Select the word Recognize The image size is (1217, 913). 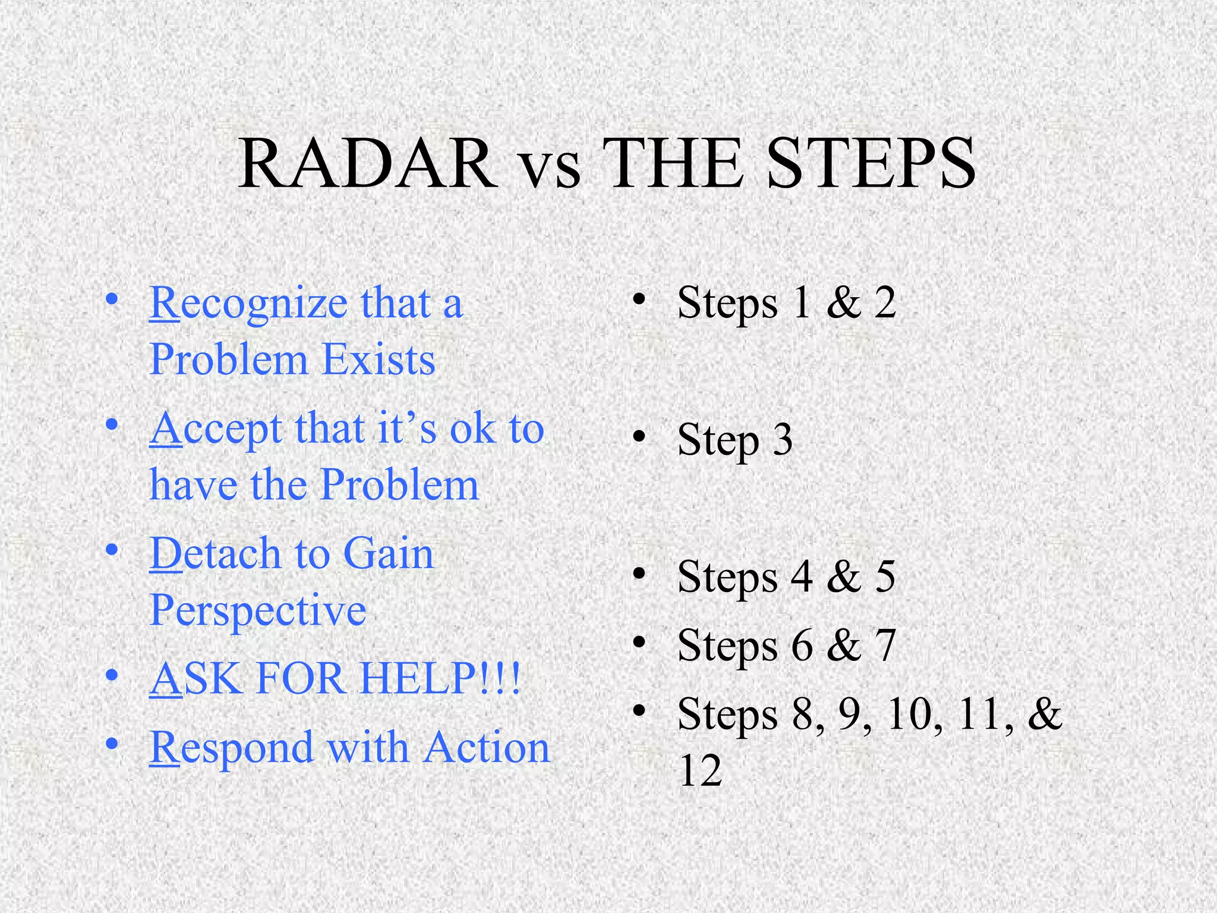tap(248, 304)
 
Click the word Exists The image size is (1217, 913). tap(379, 360)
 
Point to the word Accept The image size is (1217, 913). tap(215, 430)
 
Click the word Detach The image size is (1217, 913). tap(215, 554)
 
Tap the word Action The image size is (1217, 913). tap(487, 747)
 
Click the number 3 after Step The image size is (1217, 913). tap(782, 440)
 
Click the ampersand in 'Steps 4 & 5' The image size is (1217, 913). tap(844, 577)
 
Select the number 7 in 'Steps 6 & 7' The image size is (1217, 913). tap(885, 646)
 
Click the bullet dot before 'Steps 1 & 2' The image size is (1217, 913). tap(639, 300)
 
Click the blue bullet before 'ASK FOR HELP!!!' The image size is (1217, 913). tap(112, 676)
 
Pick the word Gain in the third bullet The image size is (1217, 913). tap(389, 554)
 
